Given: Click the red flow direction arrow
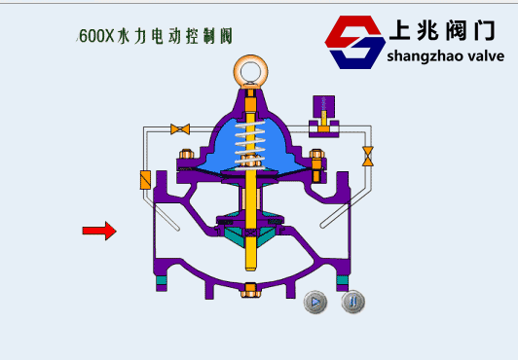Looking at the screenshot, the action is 98,231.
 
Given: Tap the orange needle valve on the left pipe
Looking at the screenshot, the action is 180,128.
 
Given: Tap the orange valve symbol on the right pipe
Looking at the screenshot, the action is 368,156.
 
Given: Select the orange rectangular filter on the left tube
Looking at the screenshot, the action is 145,180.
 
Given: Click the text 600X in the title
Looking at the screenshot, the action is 96,37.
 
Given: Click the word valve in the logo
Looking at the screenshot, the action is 482,56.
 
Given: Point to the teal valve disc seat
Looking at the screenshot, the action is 251,234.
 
